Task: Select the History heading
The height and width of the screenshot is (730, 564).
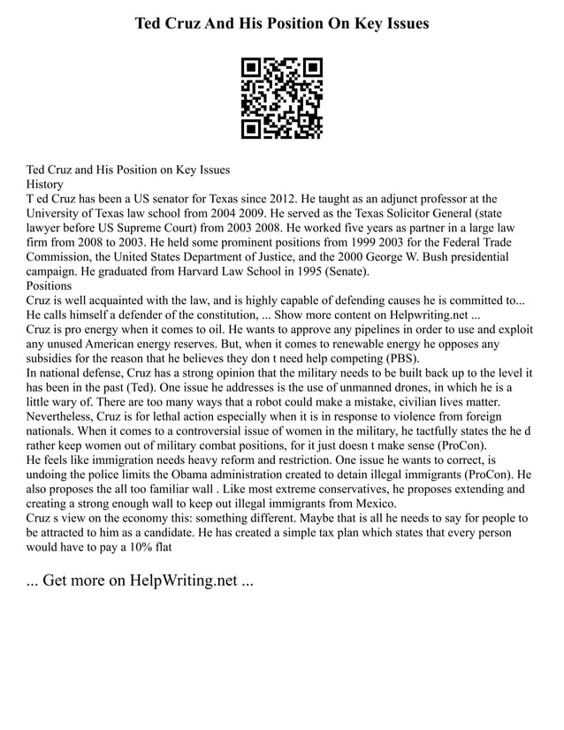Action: coord(45,184)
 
